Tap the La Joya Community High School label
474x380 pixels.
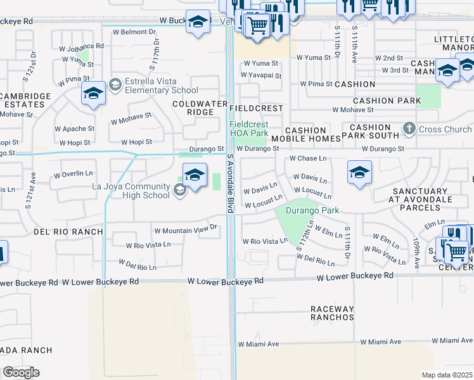pyautogui.click(x=131, y=191)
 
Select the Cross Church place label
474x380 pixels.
pyautogui.click(x=445, y=130)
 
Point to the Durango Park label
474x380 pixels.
pyautogui.click(x=312, y=210)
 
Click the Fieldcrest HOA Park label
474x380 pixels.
pyautogui.click(x=257, y=129)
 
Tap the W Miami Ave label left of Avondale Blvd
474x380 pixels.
pyautogui.click(x=259, y=344)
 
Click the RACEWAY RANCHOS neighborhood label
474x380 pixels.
pyautogui.click(x=331, y=313)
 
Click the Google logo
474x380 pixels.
pyautogui.click(x=21, y=372)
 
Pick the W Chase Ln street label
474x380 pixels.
pyautogui.click(x=308, y=159)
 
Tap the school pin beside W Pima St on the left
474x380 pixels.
pyautogui.click(x=93, y=95)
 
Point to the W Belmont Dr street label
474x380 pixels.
pyautogui.click(x=134, y=32)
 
